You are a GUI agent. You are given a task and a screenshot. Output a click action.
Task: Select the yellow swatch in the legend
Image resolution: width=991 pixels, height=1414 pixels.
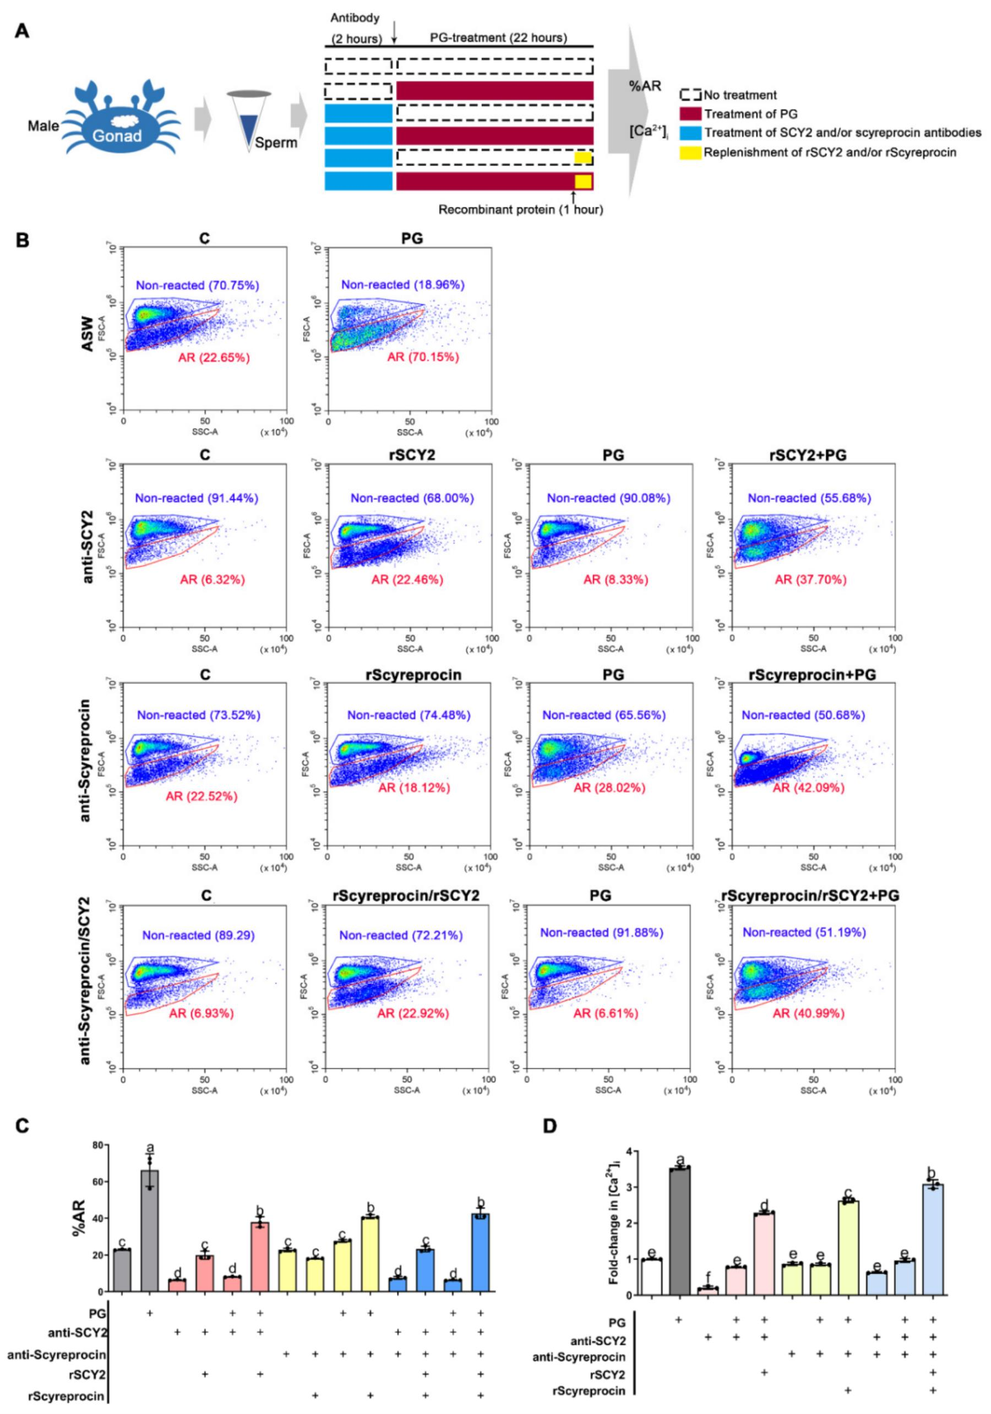click(690, 152)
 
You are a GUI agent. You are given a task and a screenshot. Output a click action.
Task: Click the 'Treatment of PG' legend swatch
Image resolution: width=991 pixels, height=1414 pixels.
click(690, 114)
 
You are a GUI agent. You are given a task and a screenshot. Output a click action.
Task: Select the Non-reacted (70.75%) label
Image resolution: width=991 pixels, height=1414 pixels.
click(197, 285)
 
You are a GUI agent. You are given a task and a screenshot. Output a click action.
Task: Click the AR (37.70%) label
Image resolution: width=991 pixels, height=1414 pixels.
click(810, 579)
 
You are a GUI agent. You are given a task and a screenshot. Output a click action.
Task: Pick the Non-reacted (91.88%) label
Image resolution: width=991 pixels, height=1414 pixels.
click(601, 932)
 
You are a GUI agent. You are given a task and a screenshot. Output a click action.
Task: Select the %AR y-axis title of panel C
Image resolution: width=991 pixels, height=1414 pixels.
click(77, 1200)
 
